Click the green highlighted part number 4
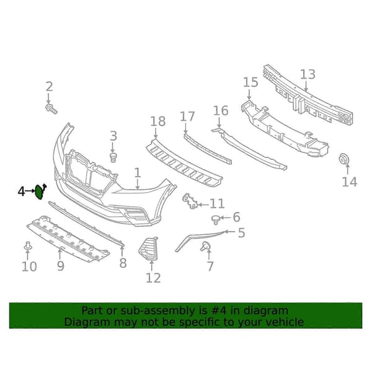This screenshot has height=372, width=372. (39, 192)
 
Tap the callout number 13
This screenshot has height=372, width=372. (308, 74)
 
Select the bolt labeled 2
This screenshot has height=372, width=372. (51, 109)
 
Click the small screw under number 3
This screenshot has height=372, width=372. (113, 157)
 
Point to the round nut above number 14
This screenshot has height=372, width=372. (343, 159)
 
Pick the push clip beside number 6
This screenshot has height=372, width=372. (215, 219)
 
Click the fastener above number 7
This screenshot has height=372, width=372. (205, 246)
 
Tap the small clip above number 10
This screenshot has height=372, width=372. (28, 246)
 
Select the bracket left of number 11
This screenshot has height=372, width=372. (190, 201)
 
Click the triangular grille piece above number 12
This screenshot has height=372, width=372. (149, 249)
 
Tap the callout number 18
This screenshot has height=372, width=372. (157, 122)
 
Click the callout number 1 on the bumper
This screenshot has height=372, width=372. (138, 173)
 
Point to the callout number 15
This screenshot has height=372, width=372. (250, 82)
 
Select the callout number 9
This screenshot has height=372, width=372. (61, 266)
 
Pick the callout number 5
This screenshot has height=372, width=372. (242, 232)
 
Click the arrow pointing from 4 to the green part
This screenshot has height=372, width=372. (29, 191)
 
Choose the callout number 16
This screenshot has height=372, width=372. (221, 111)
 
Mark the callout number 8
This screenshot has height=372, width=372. (123, 263)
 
